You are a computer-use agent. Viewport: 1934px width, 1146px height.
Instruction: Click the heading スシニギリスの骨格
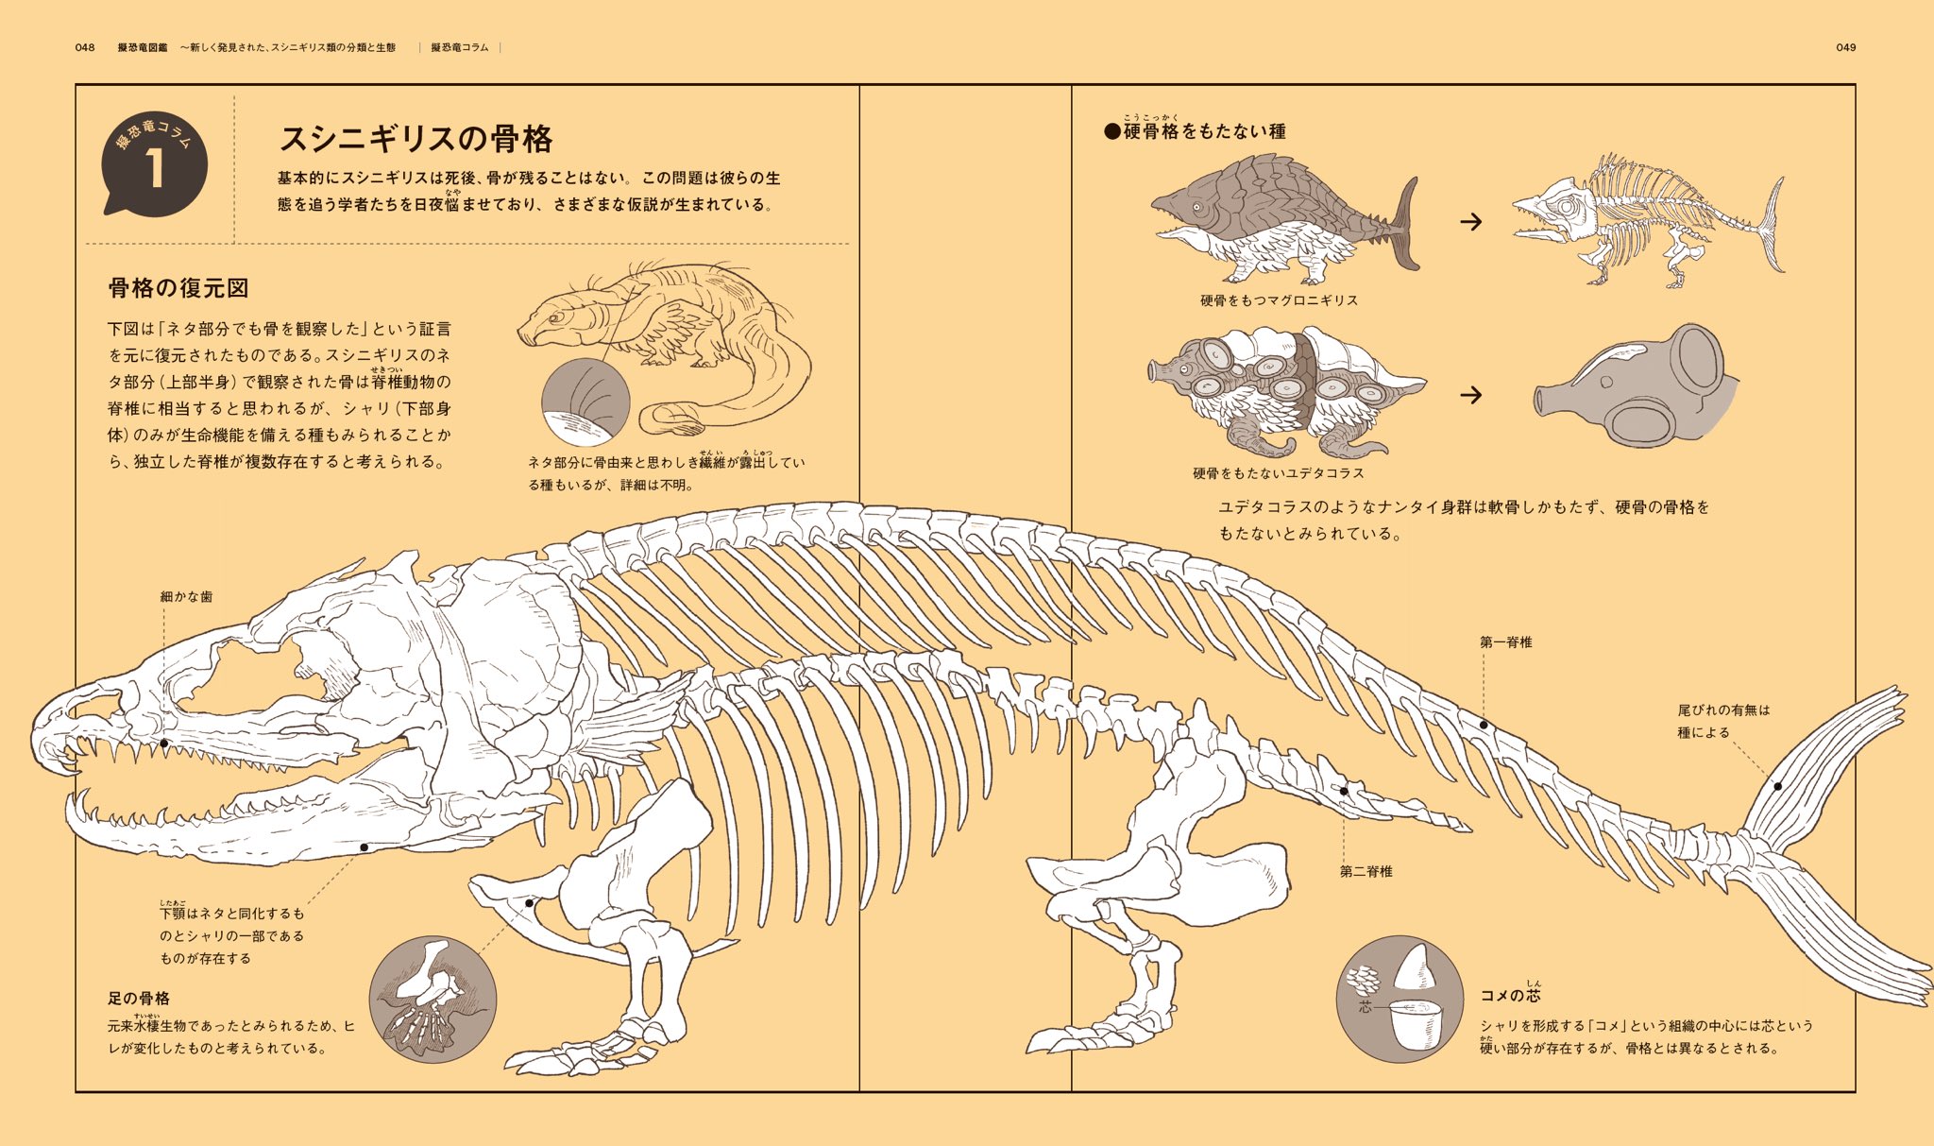tap(416, 139)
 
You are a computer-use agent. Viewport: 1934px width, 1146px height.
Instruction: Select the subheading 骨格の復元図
tap(178, 288)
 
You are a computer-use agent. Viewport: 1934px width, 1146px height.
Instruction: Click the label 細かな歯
tap(186, 597)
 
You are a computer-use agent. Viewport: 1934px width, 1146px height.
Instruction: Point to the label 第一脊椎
tap(1505, 642)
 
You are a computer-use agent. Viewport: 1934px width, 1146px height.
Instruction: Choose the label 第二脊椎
tap(1366, 872)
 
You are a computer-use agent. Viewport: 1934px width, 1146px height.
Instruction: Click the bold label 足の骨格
tap(138, 999)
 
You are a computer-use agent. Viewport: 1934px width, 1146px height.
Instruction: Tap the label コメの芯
tap(1510, 995)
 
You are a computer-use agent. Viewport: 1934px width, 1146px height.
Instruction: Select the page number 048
tap(85, 47)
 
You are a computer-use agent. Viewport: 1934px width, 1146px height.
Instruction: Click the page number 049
tap(1845, 47)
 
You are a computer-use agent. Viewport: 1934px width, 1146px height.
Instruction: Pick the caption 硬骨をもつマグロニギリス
tap(1279, 300)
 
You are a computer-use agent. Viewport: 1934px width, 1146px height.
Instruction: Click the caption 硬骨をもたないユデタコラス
tap(1278, 473)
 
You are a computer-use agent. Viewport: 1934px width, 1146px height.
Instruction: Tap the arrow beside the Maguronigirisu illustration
tap(1470, 222)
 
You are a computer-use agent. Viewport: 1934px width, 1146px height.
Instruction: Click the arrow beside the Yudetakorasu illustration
tap(1470, 395)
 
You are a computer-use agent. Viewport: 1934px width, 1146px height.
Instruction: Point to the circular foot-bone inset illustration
tap(433, 1000)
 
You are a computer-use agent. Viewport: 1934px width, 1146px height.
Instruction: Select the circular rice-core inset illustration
tap(1400, 1000)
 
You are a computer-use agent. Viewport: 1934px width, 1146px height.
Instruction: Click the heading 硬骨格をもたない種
tap(1196, 131)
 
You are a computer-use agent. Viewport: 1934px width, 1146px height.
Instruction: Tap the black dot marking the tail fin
tap(1777, 786)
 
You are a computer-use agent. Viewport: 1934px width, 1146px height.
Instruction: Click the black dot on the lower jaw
tap(364, 847)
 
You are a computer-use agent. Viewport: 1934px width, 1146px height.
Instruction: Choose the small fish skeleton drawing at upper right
tap(1648, 222)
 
